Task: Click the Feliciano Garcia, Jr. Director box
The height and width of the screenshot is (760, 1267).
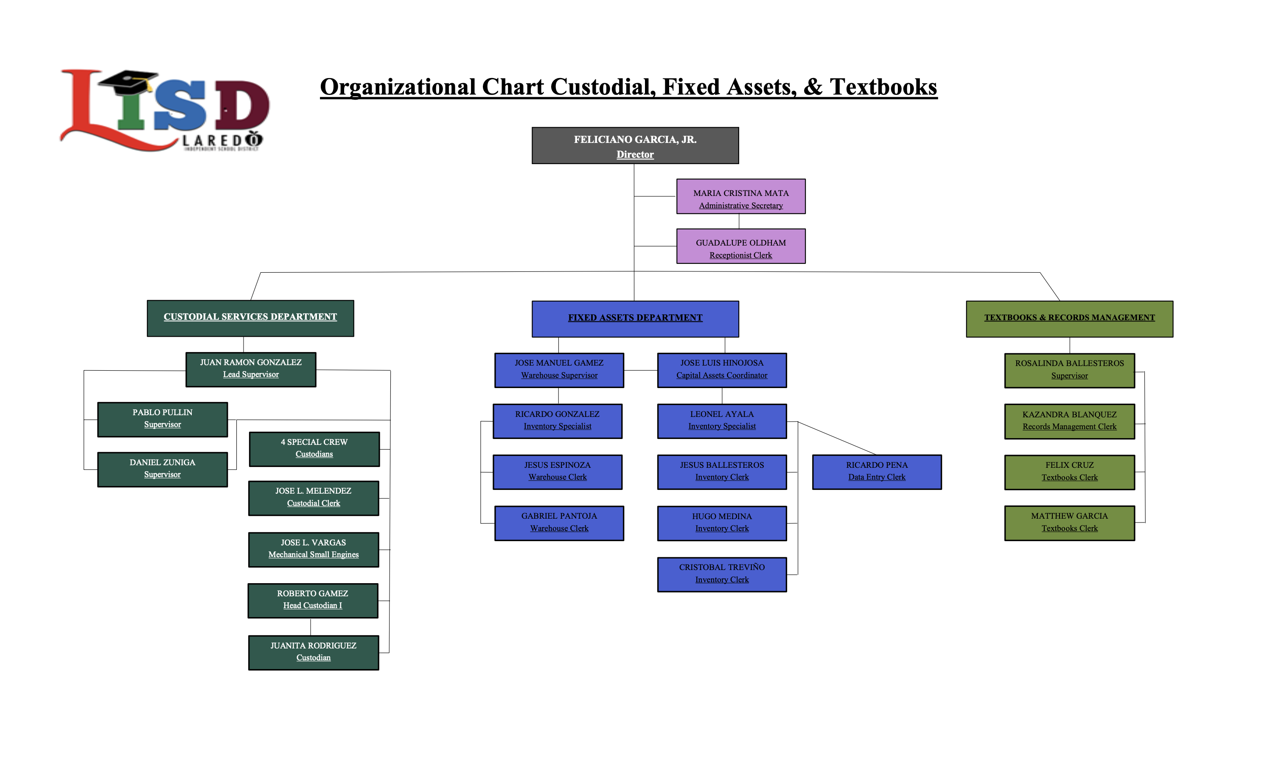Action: (635, 146)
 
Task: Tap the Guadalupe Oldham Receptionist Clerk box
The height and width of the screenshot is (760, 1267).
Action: (740, 246)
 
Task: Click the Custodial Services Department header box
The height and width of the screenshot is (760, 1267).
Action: (250, 319)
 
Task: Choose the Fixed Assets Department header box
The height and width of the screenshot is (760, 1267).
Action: (635, 319)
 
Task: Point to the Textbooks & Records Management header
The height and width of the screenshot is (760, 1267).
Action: (1069, 319)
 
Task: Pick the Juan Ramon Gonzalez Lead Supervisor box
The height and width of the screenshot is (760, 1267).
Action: (250, 370)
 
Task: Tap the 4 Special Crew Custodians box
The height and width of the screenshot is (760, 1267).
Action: (314, 449)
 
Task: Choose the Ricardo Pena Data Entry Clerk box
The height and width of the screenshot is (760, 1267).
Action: (876, 472)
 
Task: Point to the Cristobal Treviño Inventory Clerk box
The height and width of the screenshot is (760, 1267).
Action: (721, 575)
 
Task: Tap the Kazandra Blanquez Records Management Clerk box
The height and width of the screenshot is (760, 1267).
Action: (1069, 422)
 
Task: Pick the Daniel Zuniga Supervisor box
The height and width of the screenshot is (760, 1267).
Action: (163, 469)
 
